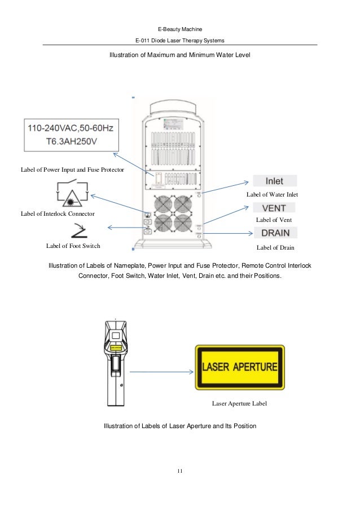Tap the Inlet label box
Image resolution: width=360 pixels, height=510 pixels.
pyautogui.click(x=275, y=181)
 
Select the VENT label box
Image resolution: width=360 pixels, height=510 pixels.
pyautogui.click(x=275, y=207)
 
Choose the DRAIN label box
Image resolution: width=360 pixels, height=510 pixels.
pyautogui.click(x=276, y=233)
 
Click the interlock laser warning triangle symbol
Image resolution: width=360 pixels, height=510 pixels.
pyautogui.click(x=71, y=195)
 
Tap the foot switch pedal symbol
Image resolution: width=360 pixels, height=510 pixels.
pyautogui.click(x=78, y=230)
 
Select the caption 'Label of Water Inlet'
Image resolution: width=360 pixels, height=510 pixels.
pyautogui.click(x=272, y=194)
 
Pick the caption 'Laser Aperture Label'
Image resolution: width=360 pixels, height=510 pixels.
pyautogui.click(x=239, y=404)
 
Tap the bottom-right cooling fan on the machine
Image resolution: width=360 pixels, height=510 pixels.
pyautogui.click(x=183, y=224)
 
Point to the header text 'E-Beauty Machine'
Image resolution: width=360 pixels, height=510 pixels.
pyautogui.click(x=180, y=28)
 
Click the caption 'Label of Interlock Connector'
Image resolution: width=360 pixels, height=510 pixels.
pyautogui.click(x=57, y=213)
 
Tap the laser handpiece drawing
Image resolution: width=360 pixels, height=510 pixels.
pyautogui.click(x=115, y=361)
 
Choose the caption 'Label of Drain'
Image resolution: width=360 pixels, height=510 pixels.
pyautogui.click(x=275, y=247)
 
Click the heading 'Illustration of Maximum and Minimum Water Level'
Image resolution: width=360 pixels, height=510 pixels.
pyautogui.click(x=179, y=55)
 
